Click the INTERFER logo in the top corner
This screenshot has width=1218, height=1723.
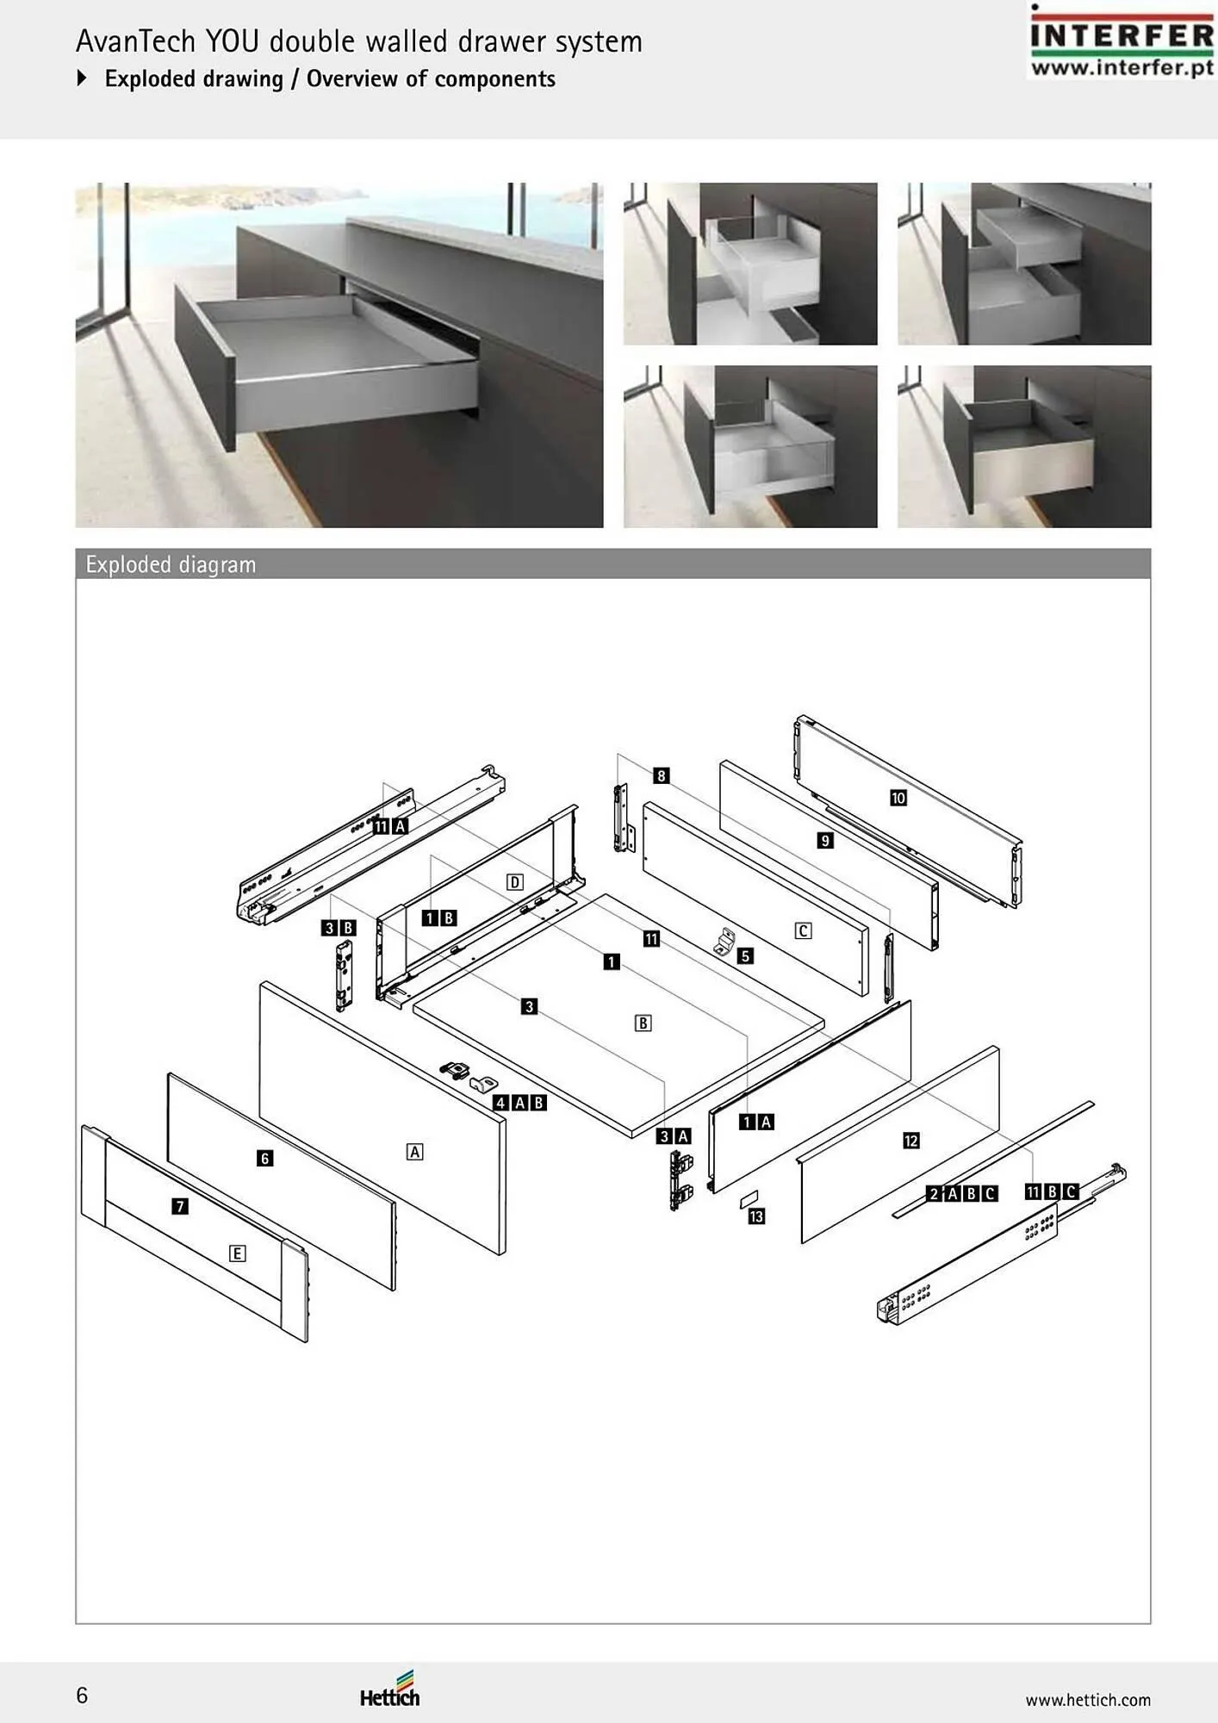[x=1122, y=41]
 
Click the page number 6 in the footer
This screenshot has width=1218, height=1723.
[x=82, y=1695]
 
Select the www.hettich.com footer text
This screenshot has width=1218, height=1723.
[x=1088, y=1700]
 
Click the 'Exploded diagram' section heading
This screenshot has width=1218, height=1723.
[x=171, y=565]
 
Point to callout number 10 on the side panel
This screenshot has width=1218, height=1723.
[x=898, y=798]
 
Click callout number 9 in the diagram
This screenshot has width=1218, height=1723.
[x=825, y=840]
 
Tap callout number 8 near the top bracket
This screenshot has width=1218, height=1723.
[x=661, y=775]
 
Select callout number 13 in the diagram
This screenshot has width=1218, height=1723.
[x=756, y=1216]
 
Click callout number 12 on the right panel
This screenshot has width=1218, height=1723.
[x=911, y=1141]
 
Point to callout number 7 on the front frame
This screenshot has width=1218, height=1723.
[x=179, y=1206]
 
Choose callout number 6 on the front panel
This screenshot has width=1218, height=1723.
[x=264, y=1159]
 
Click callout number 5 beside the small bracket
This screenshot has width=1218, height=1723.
[x=745, y=955]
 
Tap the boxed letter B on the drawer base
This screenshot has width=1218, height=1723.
[x=643, y=1023]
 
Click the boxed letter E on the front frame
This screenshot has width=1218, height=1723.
[x=237, y=1253]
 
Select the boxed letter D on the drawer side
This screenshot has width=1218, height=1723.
[x=514, y=881]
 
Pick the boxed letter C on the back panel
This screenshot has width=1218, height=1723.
[x=803, y=930]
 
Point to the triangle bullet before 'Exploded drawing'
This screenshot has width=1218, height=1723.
[x=82, y=78]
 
